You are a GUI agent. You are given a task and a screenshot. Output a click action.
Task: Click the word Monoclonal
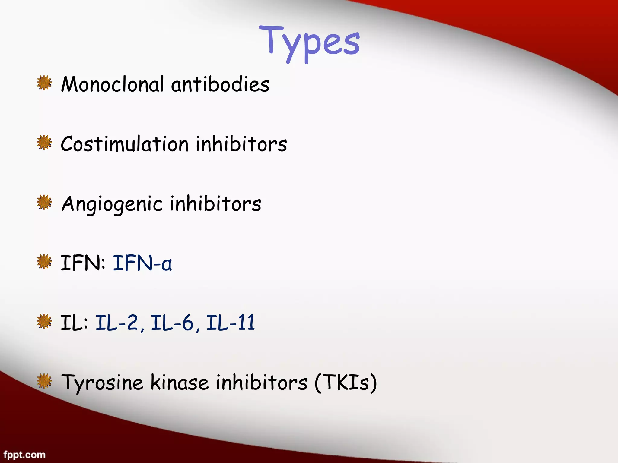click(113, 84)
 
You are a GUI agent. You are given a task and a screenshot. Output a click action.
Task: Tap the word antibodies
click(220, 84)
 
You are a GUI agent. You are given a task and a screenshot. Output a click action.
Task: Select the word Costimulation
click(125, 144)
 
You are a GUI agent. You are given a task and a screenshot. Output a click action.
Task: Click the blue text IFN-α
click(142, 263)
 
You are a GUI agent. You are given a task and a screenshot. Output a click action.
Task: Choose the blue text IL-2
click(117, 323)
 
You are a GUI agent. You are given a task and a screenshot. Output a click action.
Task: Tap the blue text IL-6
click(172, 323)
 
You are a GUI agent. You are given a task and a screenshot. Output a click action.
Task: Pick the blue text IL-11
click(231, 323)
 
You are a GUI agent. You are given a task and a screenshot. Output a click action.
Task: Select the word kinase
click(180, 382)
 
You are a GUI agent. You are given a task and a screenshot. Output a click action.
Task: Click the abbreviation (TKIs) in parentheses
click(346, 382)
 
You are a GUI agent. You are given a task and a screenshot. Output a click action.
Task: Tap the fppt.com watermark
click(24, 455)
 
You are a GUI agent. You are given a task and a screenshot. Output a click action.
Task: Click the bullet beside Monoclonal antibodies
click(44, 83)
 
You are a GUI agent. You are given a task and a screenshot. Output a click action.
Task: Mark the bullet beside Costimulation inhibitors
click(44, 143)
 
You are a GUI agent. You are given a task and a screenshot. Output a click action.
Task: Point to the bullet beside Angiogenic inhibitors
click(44, 202)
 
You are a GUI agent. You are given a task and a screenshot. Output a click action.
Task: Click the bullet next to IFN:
click(44, 262)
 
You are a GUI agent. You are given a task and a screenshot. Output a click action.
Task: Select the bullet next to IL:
click(44, 321)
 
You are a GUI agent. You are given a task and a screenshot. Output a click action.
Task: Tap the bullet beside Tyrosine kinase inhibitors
click(44, 381)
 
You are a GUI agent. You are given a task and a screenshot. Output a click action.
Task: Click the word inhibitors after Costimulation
click(241, 144)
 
